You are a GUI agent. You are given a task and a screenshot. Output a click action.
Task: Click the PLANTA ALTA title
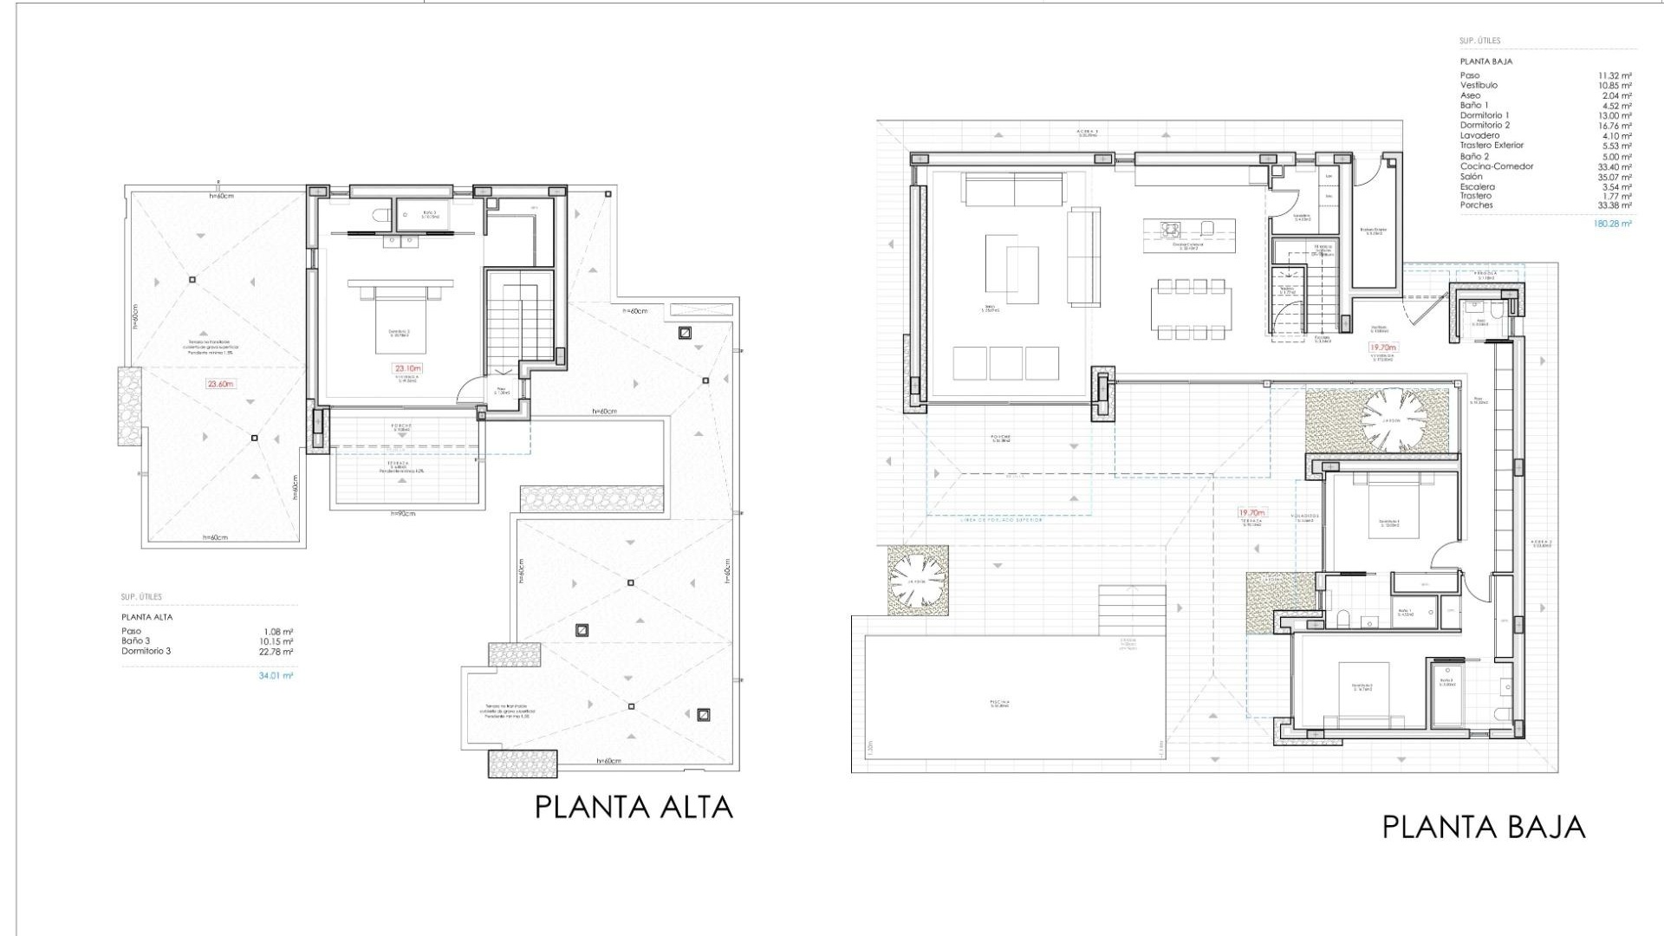(634, 808)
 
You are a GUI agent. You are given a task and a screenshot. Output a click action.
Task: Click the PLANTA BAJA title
(1483, 828)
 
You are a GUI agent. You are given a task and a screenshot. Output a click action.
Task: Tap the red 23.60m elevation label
(220, 384)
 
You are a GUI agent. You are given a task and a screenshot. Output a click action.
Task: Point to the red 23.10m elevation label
(407, 368)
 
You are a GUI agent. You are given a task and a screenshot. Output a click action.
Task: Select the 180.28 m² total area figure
(1612, 224)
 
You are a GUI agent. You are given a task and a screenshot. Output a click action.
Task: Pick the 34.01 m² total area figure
(276, 676)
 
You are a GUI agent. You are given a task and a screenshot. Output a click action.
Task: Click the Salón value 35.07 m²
(1616, 177)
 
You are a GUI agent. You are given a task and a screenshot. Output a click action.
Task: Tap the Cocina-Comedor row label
(1497, 166)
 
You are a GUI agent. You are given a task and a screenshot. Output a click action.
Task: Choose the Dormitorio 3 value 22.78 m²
(278, 652)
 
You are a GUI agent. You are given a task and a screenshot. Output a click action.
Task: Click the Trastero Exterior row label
(1492, 146)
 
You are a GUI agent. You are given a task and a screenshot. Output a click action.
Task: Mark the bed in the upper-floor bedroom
(400, 322)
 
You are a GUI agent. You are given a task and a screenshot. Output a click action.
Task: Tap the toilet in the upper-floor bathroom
(380, 215)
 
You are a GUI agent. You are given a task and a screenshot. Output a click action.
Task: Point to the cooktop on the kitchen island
(1171, 229)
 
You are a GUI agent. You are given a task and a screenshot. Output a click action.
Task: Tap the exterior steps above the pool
(1132, 611)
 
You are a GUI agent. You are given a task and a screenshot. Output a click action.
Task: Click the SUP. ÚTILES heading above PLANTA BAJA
(1479, 41)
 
